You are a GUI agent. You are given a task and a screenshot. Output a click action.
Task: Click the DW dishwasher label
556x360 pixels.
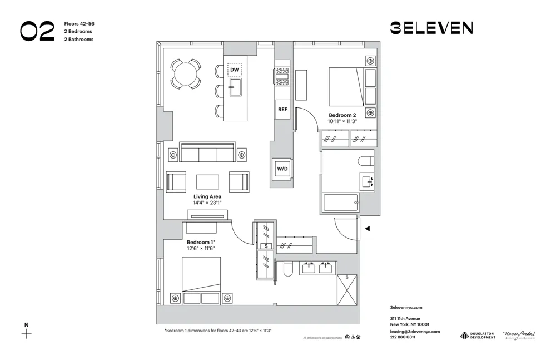point(235,70)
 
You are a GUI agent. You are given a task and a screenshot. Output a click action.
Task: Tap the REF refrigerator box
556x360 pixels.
point(282,109)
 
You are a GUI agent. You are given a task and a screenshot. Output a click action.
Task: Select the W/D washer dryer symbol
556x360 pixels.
point(282,168)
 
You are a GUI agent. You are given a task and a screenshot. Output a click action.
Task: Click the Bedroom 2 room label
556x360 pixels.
point(342,115)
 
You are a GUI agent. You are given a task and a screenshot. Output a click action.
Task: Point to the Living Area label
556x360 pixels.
point(207,197)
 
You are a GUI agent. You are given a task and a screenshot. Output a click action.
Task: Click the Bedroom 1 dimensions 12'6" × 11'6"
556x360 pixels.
point(201,248)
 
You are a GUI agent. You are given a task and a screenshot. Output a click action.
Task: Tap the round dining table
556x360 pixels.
point(185,74)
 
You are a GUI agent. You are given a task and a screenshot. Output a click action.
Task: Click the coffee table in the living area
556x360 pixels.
point(207,182)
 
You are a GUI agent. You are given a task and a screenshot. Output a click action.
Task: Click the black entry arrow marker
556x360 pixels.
point(367,228)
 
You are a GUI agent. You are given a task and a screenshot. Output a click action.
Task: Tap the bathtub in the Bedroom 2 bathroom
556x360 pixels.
point(340,202)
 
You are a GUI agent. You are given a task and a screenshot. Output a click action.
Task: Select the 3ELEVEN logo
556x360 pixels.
point(431,28)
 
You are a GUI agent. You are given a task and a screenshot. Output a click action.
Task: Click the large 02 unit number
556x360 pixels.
point(37,32)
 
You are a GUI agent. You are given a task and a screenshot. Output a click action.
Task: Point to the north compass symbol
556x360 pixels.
point(26,334)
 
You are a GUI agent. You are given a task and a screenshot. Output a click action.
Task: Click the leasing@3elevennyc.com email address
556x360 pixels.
point(415,331)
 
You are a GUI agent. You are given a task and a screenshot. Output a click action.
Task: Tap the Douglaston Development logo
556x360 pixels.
point(477,336)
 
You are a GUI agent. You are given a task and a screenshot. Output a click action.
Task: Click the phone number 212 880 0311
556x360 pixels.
point(403,337)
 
